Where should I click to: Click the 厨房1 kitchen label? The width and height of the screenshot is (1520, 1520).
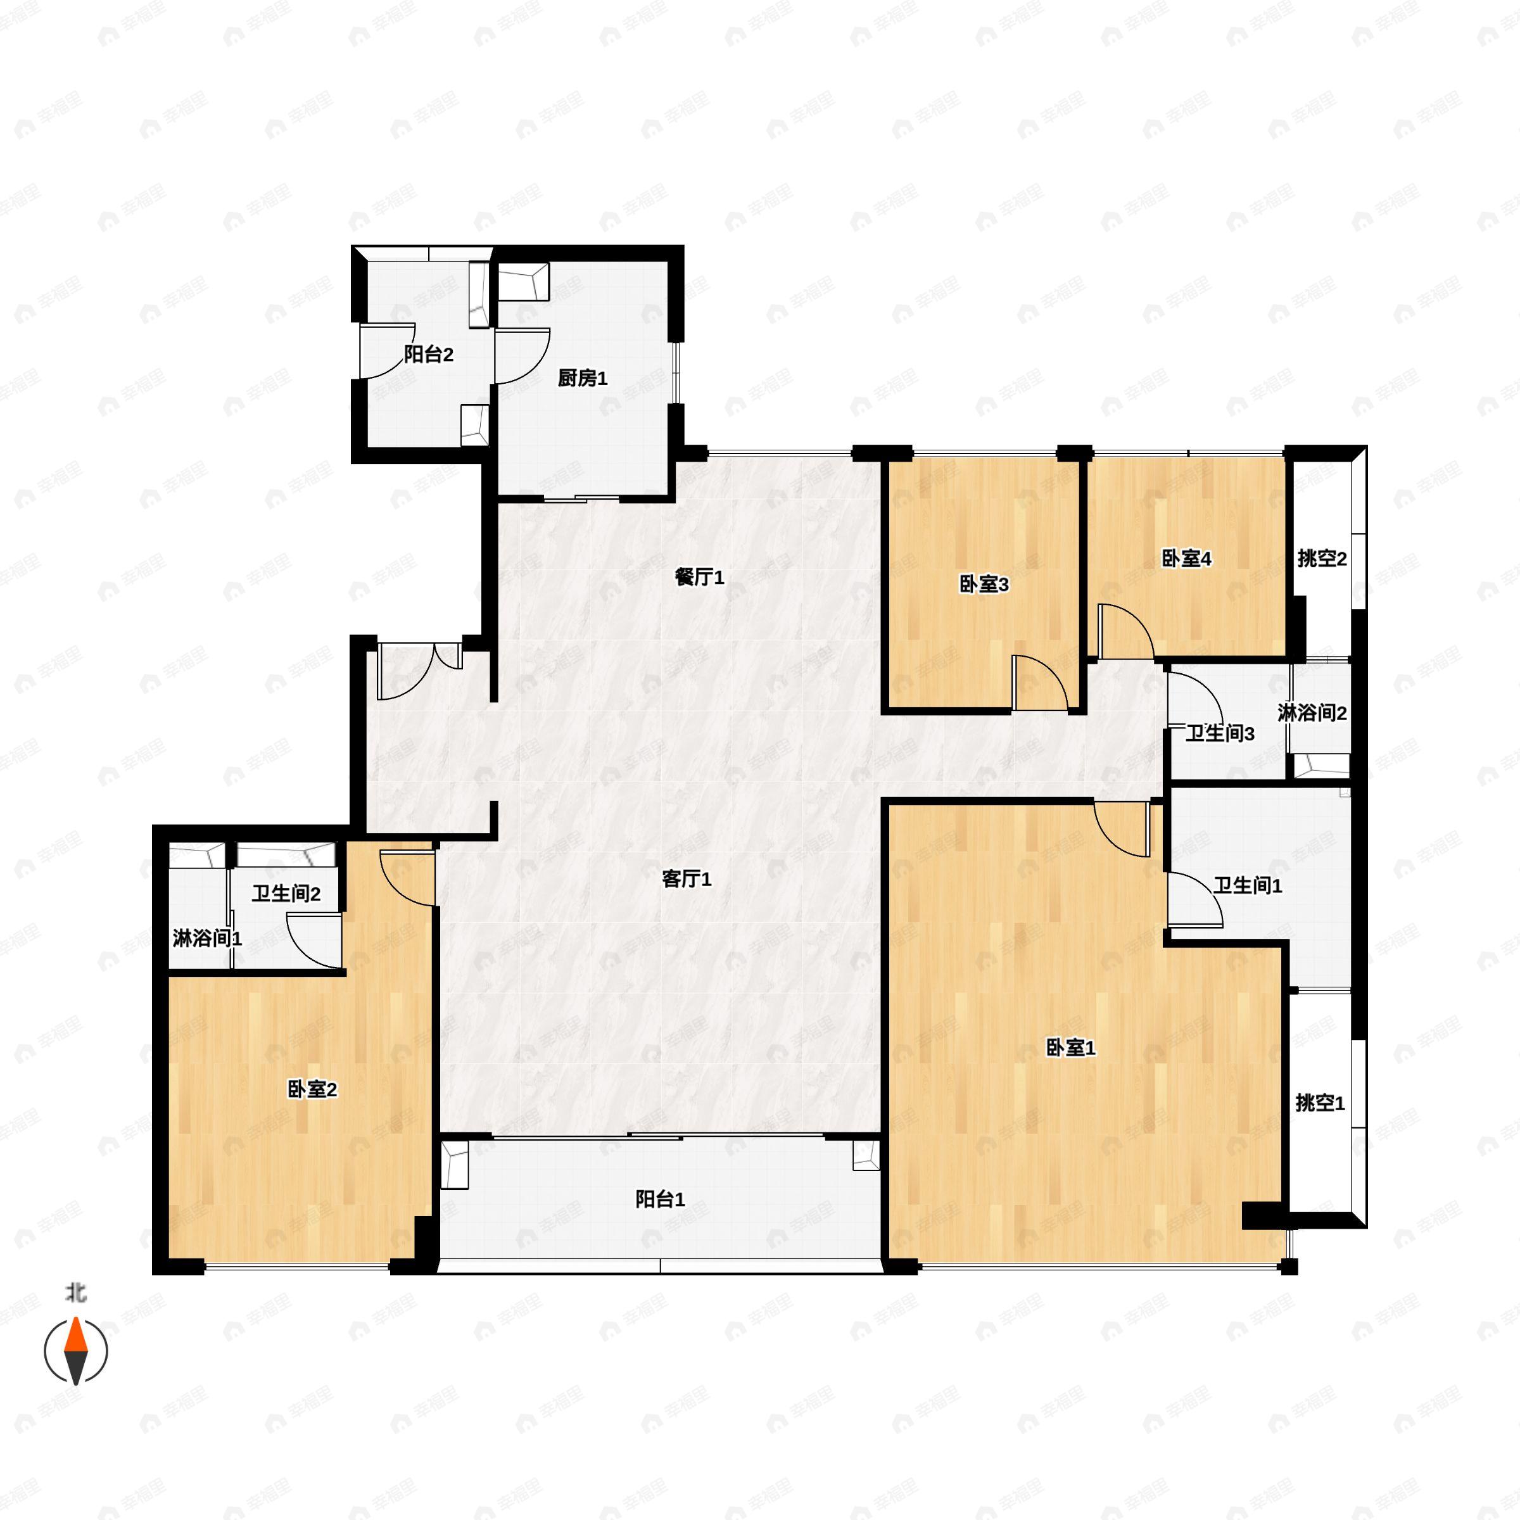click(x=582, y=379)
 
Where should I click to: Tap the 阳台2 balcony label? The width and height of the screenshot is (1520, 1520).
click(x=429, y=354)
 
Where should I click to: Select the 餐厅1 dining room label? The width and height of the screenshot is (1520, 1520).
click(x=699, y=578)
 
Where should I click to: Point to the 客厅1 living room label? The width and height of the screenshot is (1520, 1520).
click(x=686, y=879)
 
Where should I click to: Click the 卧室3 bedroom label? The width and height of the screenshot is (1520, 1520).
click(x=984, y=584)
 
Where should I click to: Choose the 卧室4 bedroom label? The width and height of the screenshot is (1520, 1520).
click(x=1186, y=559)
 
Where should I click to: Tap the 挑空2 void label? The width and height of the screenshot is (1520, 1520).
click(x=1322, y=559)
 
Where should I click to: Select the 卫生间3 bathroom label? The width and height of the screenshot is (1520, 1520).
click(x=1219, y=733)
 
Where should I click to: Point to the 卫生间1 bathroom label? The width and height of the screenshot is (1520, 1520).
click(x=1248, y=886)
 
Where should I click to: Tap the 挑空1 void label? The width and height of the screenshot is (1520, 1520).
click(x=1320, y=1103)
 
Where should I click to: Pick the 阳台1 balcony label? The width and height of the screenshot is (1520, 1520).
click(x=660, y=1199)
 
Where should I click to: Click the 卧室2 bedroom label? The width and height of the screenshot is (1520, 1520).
click(x=312, y=1089)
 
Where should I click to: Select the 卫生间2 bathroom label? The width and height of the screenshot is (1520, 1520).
click(x=286, y=894)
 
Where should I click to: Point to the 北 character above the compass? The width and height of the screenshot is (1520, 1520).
click(x=75, y=1292)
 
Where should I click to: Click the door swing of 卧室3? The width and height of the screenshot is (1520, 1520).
click(x=1039, y=683)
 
